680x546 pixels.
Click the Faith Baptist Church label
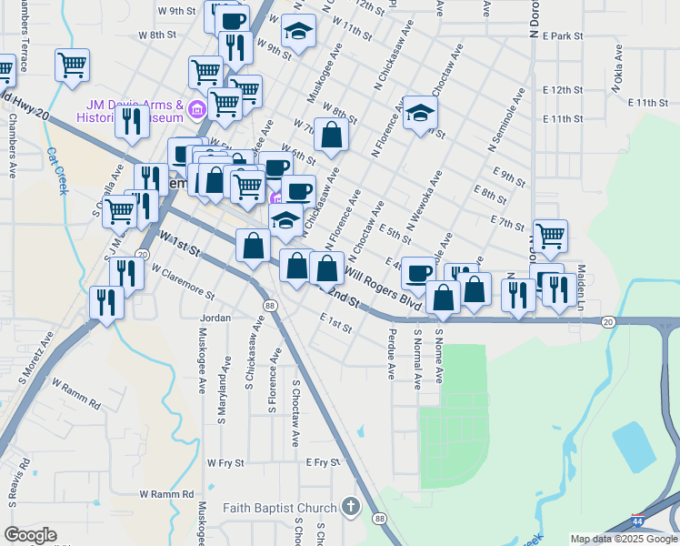[280, 507]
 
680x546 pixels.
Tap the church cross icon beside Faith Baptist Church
[351, 507]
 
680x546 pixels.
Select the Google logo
[30, 535]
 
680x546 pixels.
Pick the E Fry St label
[322, 463]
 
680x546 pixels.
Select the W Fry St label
[225, 463]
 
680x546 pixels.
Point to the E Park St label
[562, 36]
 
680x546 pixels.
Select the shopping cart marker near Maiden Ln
[550, 235]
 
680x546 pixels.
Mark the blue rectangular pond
[635, 446]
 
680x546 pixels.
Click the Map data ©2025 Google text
[624, 539]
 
